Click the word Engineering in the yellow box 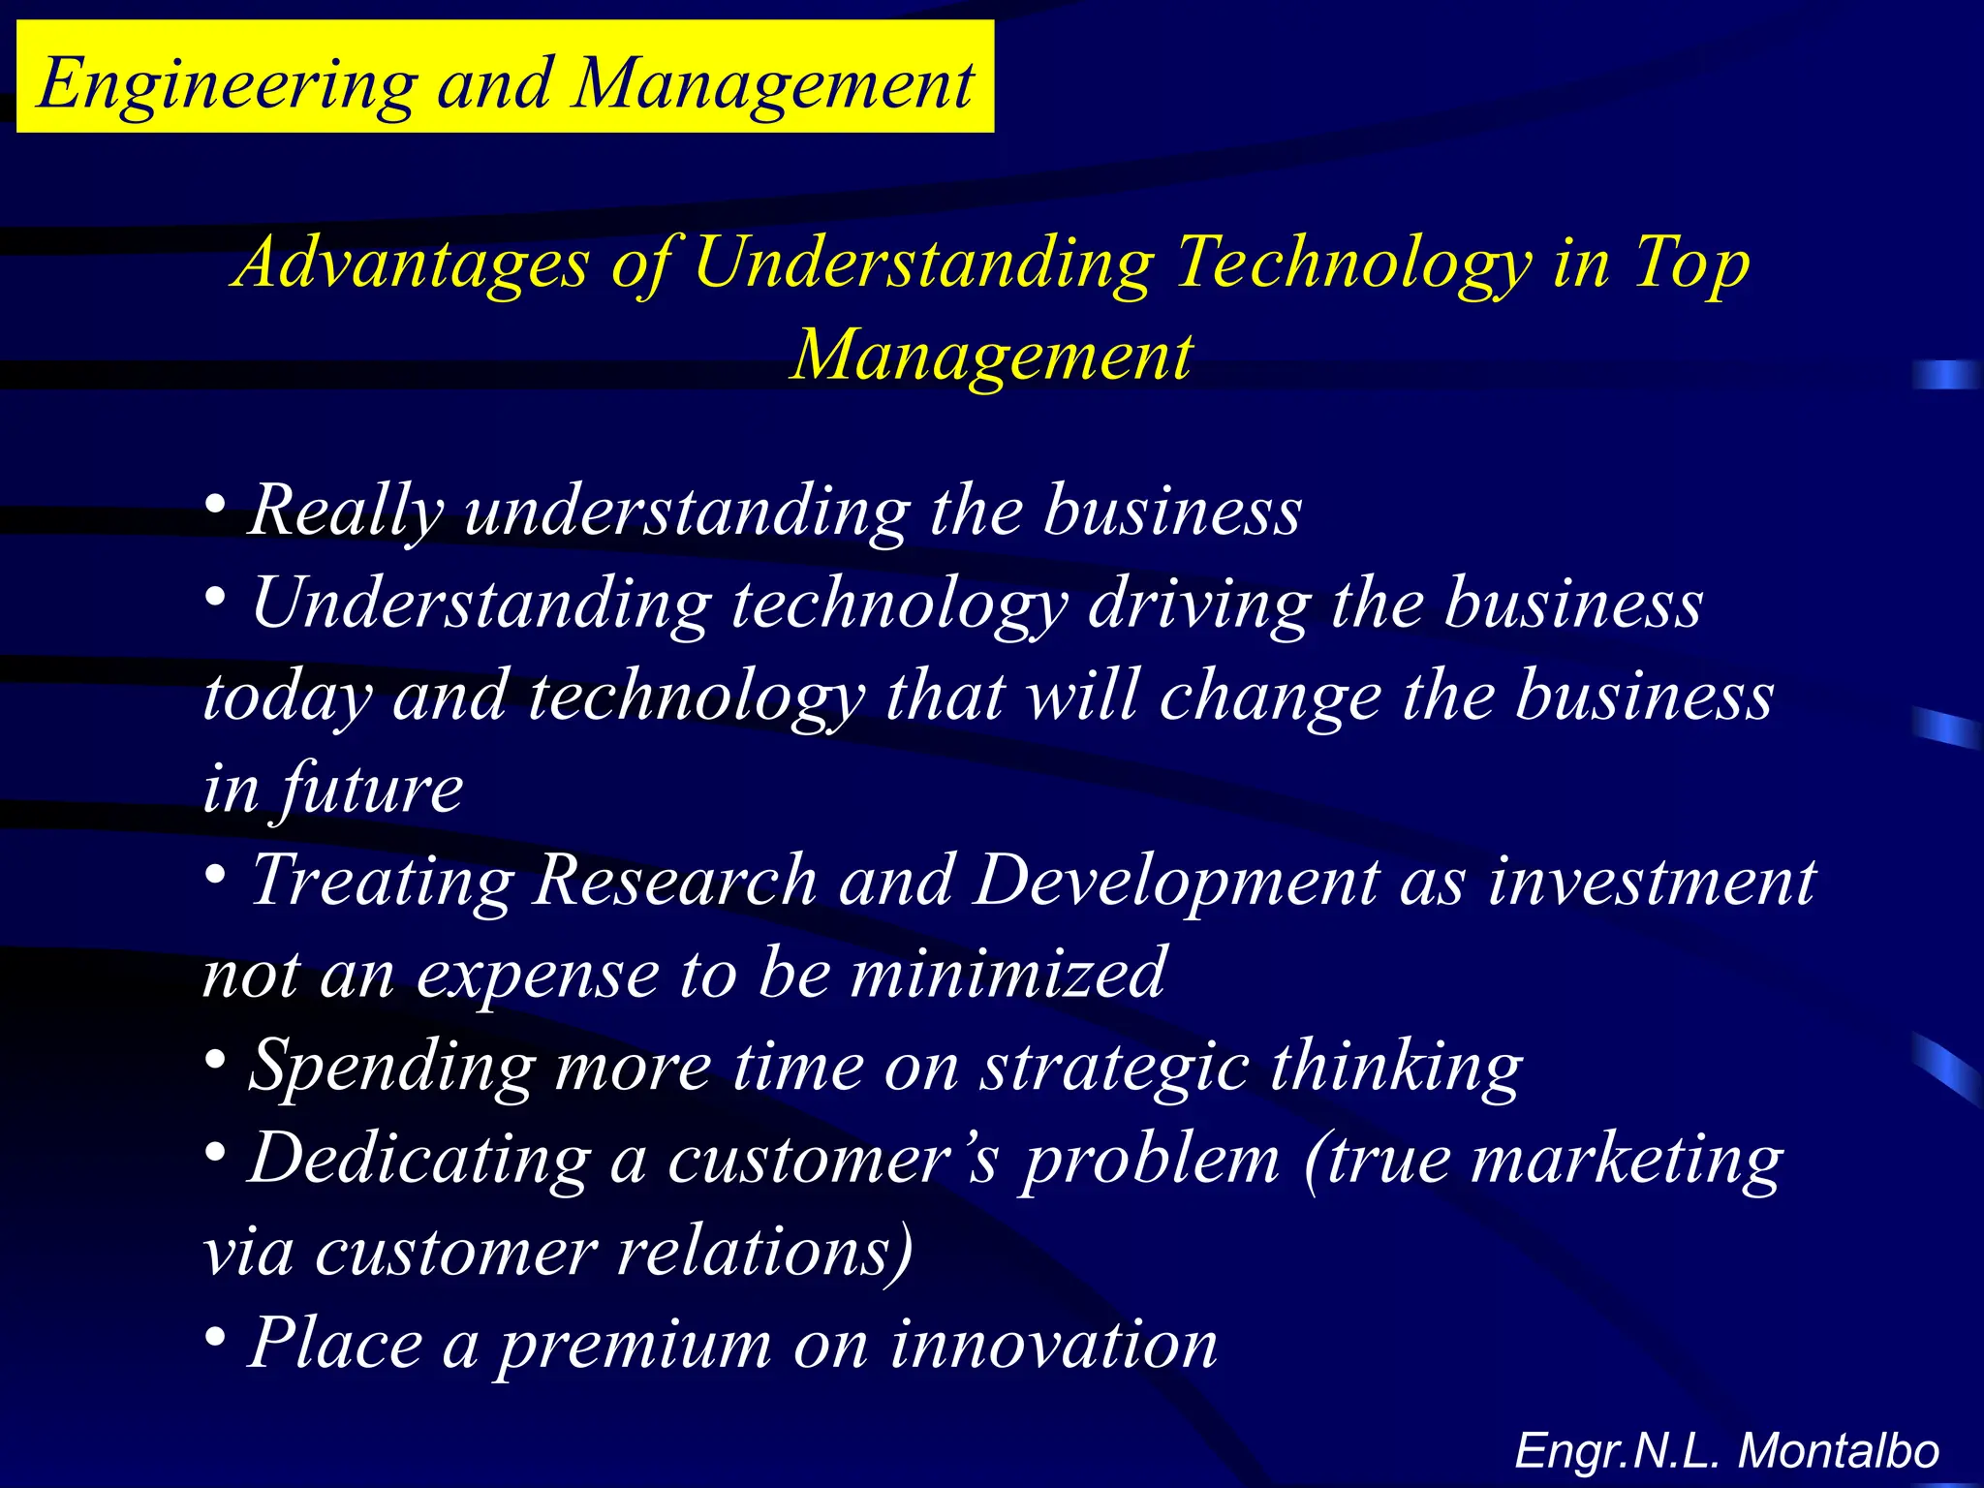[228, 85]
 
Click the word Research [675, 882]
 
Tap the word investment [1652, 882]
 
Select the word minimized [1007, 974]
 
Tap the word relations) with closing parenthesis [765, 1252]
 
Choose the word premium [635, 1345]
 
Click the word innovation [1053, 1345]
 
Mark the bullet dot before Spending [216, 1061]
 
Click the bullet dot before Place [216, 1339]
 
